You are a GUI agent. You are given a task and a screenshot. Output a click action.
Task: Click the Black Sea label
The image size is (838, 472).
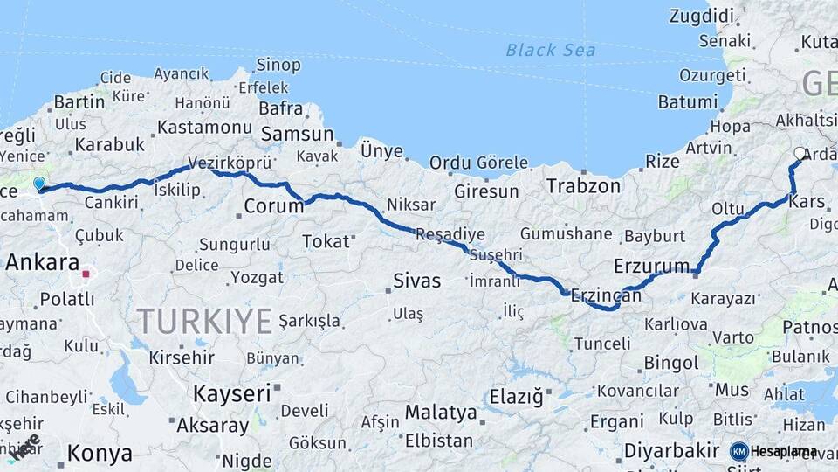click(551, 50)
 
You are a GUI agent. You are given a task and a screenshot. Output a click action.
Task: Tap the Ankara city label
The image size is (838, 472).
click(42, 262)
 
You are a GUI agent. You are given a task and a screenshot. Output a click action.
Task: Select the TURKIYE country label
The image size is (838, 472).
click(204, 322)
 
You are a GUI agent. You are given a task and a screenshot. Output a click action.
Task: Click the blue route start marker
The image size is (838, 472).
click(38, 184)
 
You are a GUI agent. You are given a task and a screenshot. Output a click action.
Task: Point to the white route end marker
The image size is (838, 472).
click(800, 153)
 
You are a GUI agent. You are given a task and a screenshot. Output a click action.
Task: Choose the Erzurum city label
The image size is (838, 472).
click(652, 265)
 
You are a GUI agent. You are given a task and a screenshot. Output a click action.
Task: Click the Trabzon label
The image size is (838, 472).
click(583, 185)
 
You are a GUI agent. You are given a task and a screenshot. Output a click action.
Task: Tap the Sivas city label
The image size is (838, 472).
click(417, 281)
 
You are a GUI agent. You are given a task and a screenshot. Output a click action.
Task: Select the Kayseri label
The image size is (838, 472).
click(231, 392)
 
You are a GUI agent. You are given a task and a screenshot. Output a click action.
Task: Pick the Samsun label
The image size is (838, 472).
click(298, 134)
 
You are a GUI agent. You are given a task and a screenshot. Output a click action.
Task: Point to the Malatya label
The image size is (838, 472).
click(441, 412)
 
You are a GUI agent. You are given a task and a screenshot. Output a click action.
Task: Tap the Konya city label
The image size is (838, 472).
click(100, 453)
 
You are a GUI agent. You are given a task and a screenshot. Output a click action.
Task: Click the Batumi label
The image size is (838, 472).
click(687, 101)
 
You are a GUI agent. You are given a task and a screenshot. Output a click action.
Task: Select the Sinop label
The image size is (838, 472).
click(278, 65)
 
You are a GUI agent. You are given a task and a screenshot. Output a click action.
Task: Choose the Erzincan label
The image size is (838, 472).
click(606, 296)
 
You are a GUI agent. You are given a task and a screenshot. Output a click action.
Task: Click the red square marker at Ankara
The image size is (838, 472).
click(86, 274)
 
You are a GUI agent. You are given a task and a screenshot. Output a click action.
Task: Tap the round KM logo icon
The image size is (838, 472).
click(738, 451)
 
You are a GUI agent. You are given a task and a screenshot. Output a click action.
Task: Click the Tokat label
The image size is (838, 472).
click(326, 241)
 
